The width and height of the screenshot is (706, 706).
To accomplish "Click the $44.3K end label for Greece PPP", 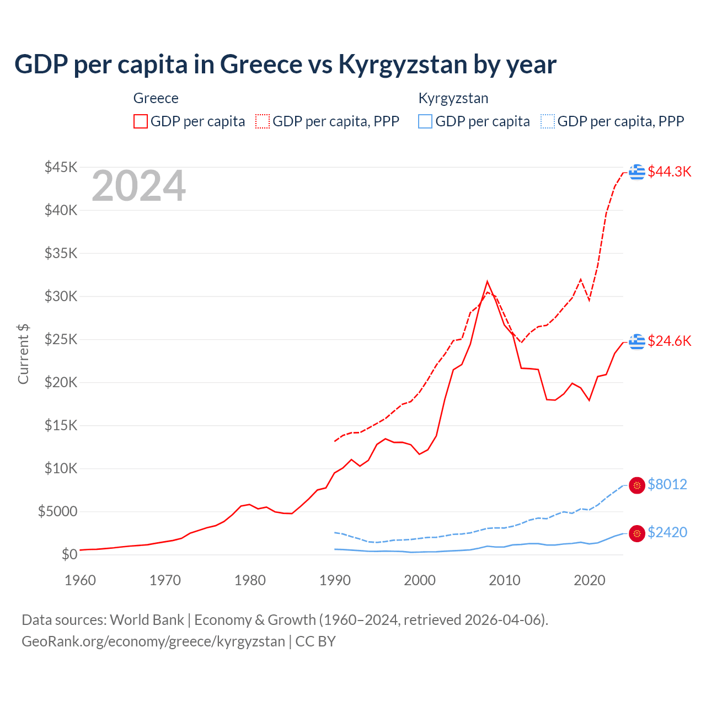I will click(669, 172).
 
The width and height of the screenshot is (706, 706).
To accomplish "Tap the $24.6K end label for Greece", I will click(669, 341).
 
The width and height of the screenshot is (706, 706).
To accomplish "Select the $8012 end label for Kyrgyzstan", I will click(667, 484).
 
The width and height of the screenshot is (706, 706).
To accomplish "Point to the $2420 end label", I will click(667, 532).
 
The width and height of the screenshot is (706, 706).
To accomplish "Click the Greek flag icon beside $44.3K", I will click(637, 172).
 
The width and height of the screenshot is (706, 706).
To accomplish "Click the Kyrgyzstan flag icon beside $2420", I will click(637, 533).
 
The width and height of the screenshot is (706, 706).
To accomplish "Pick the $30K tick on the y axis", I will click(61, 296).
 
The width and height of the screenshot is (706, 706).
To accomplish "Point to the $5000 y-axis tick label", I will click(57, 511).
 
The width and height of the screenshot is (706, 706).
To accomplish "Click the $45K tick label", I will click(61, 167).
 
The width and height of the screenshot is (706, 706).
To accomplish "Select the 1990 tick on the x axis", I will click(335, 580).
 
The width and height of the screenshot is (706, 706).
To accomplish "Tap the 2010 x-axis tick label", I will click(505, 580).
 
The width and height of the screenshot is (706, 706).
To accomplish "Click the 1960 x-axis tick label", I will click(80, 580).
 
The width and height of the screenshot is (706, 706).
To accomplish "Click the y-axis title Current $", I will click(23, 354).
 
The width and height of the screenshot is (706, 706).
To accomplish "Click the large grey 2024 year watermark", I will click(138, 186).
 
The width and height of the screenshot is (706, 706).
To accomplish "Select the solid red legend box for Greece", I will click(141, 121).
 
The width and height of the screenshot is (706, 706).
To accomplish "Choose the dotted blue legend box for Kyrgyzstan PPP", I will click(548, 121).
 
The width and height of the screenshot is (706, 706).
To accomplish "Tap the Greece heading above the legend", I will click(156, 98).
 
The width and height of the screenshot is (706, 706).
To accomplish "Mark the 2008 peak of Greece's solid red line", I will click(487, 282).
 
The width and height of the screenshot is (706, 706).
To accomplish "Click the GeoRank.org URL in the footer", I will click(153, 641).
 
